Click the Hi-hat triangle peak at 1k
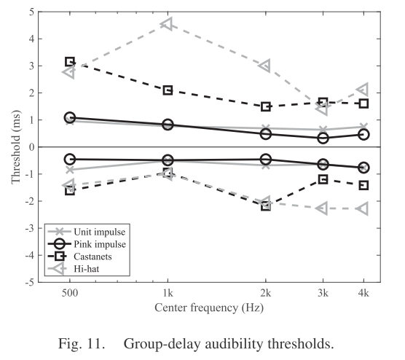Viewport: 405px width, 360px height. tap(166, 24)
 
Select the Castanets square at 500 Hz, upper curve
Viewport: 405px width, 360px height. tap(70, 62)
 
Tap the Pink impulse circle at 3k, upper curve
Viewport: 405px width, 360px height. tap(323, 138)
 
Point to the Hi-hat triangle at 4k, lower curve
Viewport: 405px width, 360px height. tap(363, 208)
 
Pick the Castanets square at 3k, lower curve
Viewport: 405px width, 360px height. tap(323, 179)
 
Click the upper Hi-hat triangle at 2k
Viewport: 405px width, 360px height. tap(266, 66)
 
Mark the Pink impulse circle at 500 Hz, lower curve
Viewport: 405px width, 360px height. tap(70, 159)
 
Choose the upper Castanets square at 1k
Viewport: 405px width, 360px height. tap(168, 90)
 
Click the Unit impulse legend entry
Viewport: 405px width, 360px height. tap(87, 232)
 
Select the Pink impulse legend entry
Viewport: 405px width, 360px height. tap(87, 244)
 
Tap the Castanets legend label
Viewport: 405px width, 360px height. tap(93, 257)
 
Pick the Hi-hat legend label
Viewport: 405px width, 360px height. tap(87, 269)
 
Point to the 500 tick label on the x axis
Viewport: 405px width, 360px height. tap(70, 293)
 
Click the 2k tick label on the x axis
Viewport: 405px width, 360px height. tap(266, 293)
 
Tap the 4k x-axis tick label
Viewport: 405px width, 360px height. tap(363, 293)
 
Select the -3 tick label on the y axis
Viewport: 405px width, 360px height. tap(30, 228)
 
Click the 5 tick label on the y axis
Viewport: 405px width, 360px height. tap(31, 12)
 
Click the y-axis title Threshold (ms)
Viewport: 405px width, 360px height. tap(16, 147)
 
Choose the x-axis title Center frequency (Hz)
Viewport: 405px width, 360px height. tap(209, 308)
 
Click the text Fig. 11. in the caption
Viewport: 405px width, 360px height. tap(82, 344)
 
